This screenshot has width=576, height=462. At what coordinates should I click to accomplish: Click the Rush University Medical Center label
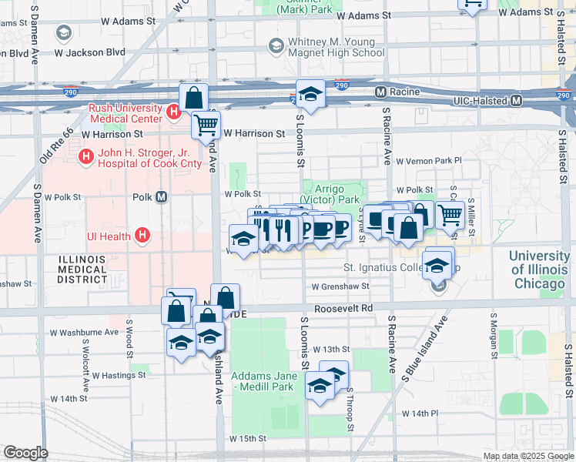click(126, 114)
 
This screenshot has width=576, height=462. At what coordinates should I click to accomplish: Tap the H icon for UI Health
click(142, 235)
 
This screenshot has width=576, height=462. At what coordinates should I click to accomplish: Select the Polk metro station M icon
click(162, 196)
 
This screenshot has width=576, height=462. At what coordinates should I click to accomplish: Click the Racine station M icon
click(380, 92)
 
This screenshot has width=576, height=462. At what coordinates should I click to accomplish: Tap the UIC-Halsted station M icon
click(517, 101)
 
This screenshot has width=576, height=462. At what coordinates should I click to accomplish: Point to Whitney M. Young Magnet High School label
click(336, 47)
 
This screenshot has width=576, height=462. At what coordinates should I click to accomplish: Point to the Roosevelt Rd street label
click(348, 307)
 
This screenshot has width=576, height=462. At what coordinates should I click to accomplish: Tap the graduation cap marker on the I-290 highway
click(310, 94)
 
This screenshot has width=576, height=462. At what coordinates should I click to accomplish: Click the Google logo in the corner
click(25, 453)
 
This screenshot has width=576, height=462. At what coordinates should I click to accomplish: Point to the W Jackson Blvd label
click(95, 52)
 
